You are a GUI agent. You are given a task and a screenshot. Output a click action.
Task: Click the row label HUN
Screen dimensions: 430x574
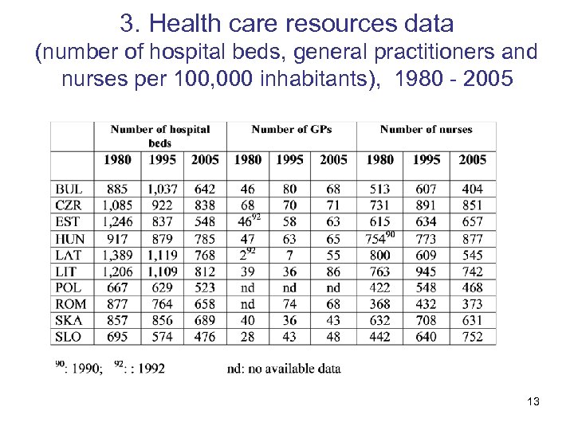69,239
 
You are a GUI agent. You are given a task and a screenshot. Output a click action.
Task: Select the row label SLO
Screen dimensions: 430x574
69,337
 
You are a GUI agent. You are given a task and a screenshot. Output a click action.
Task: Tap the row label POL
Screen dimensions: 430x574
69,287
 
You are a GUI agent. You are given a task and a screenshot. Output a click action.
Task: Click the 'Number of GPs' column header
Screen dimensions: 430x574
291,129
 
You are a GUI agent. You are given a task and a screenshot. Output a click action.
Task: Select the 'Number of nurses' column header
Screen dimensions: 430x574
426,129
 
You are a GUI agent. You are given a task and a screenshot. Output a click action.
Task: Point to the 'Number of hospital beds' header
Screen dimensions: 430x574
160,135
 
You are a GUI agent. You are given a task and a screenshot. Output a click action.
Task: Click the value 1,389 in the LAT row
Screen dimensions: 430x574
117,255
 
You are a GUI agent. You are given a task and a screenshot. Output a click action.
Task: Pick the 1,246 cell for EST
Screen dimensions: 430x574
117,222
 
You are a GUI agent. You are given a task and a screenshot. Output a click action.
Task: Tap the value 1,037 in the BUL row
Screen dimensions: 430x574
162,190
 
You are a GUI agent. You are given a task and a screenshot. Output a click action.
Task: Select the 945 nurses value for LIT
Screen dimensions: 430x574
427,272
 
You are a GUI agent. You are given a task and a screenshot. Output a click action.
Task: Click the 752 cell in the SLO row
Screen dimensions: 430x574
472,337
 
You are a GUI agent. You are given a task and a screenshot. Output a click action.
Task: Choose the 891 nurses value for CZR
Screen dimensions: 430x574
427,206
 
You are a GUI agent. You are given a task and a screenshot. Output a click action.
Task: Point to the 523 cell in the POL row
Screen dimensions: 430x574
205,287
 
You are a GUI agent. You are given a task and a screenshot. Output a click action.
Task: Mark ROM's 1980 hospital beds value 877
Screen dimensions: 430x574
117,304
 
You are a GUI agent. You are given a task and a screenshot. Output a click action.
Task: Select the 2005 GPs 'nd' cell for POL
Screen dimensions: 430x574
333,287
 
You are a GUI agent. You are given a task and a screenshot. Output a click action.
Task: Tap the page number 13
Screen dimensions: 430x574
533,401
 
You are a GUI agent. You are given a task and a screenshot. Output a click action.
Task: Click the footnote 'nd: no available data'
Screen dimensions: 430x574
283,368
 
